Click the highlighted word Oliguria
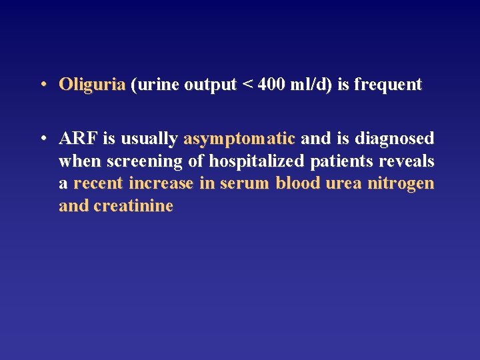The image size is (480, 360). tap(92, 85)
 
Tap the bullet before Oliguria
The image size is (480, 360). tap(42, 85)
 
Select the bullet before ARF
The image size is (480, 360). tap(42, 139)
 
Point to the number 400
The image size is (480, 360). tap(271, 85)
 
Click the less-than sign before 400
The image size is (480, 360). tap(247, 85)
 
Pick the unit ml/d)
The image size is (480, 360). tap(309, 85)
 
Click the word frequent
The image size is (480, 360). tap(388, 85)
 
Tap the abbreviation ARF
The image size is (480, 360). tap(78, 139)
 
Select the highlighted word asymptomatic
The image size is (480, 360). tap(239, 139)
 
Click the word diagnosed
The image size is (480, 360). tap(395, 139)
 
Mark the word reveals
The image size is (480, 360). tap(407, 161)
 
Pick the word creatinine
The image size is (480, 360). tap(133, 206)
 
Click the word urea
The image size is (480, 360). tap(343, 183)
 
